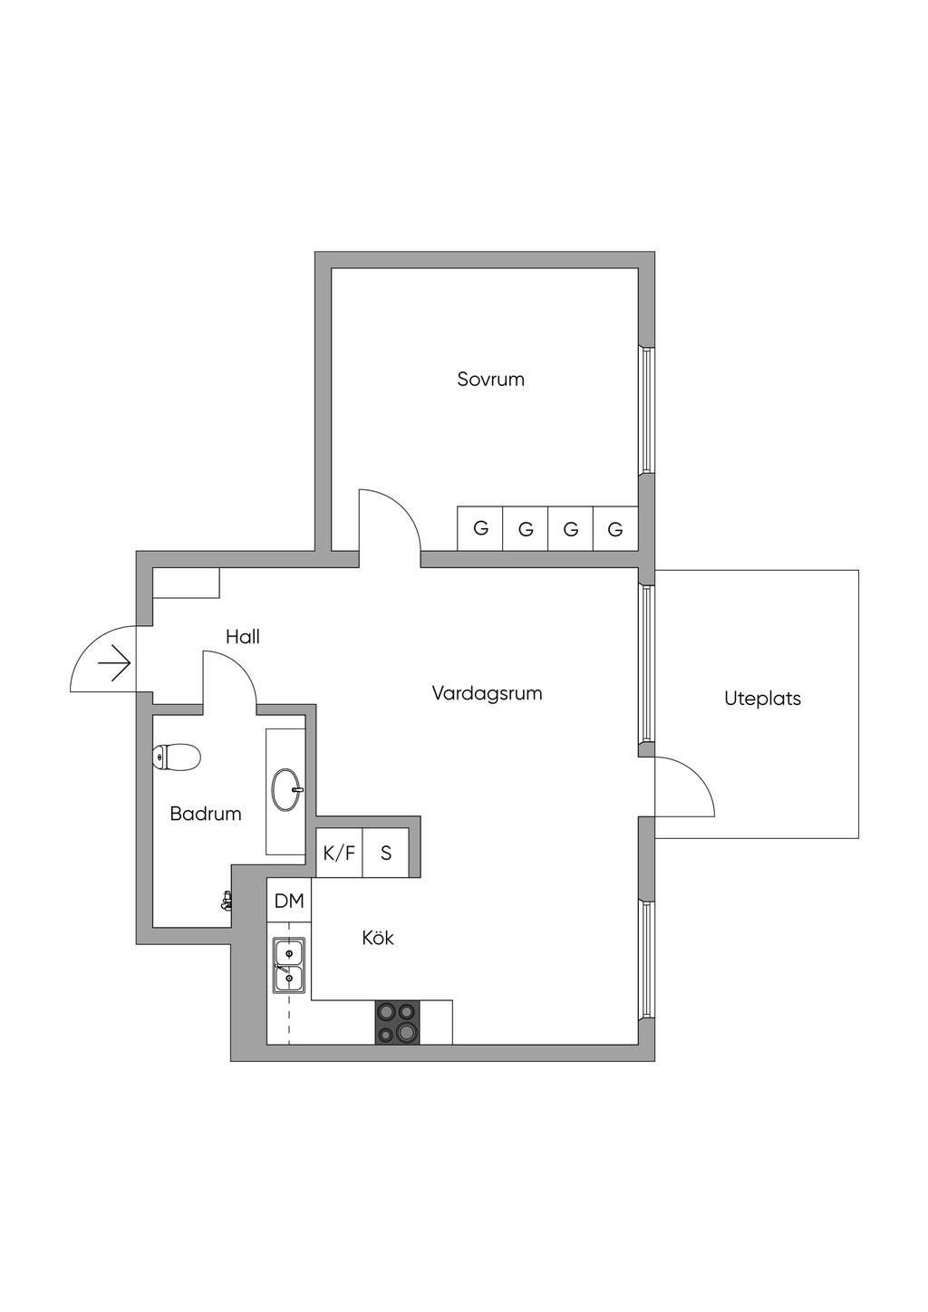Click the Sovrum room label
[490, 379]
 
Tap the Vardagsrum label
[487, 693]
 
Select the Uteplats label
[762, 699]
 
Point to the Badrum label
[205, 814]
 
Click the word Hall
[243, 637]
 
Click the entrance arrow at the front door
[113, 663]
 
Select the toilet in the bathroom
[177, 757]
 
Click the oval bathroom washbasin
[287, 789]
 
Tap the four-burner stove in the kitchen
[397, 1023]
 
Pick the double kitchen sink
[288, 964]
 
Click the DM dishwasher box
[289, 901]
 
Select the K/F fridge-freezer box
[339, 853]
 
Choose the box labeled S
[385, 853]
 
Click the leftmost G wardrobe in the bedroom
[479, 528]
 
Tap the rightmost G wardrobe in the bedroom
[615, 528]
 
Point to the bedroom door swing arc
[402, 506]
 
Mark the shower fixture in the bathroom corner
[227, 901]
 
